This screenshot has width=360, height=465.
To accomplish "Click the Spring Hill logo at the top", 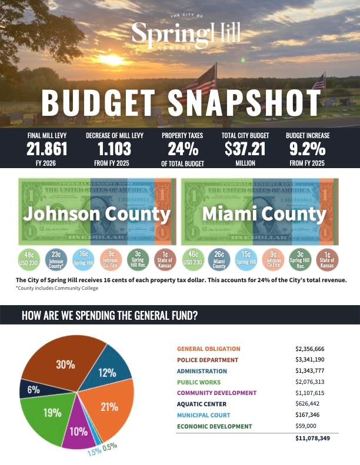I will click(186, 32).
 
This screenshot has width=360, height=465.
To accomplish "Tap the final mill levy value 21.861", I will click(47, 149).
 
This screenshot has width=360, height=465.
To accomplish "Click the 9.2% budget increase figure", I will click(308, 149).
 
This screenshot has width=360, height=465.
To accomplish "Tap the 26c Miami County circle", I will click(219, 259).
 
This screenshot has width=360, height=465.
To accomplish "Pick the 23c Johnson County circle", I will click(56, 259).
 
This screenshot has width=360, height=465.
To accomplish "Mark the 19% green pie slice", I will click(49, 414).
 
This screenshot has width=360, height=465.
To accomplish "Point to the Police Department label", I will click(208, 360).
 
